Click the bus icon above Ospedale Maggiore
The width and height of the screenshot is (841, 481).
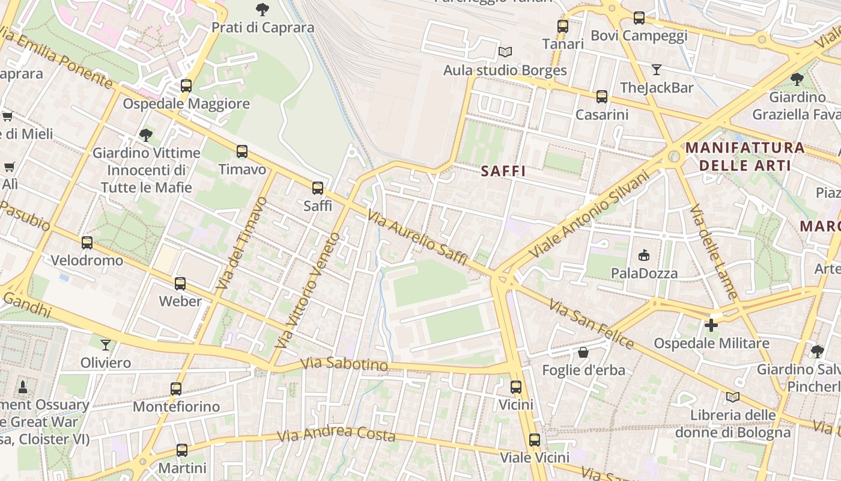point(186,86)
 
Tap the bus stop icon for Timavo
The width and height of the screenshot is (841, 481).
point(242,152)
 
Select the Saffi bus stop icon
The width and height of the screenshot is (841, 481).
point(318,188)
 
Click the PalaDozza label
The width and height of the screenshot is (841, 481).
point(644,273)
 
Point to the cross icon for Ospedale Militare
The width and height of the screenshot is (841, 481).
point(711,325)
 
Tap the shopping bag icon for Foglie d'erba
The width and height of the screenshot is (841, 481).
point(583,352)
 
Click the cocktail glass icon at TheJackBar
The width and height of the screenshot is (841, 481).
point(656,70)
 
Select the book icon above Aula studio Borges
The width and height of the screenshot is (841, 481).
point(505,52)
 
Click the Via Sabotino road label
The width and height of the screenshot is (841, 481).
point(344,364)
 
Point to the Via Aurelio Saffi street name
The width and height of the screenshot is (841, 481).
point(417,238)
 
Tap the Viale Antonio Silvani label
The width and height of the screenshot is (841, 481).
point(589,215)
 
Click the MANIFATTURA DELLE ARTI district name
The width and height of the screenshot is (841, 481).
point(745,156)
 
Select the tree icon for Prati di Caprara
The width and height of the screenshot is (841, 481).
point(263,10)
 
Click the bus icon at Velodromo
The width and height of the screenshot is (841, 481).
point(87,243)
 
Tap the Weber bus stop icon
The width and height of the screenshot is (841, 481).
point(180,284)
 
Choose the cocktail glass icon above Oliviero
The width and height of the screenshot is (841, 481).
point(106,345)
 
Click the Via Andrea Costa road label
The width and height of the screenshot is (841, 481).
point(336,434)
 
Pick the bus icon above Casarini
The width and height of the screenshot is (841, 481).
point(601,97)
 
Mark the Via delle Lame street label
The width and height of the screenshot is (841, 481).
point(713,253)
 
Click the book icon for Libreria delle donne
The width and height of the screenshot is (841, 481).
point(732,397)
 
